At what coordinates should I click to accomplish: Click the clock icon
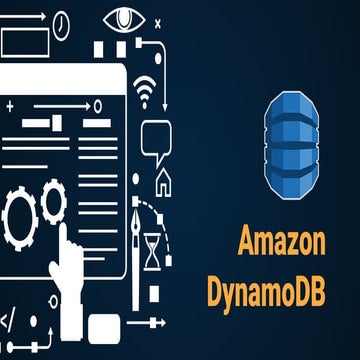pyautogui.click(x=61, y=21)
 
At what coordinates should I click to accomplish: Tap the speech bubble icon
pyautogui.click(x=156, y=140)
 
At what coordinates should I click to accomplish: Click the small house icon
pyautogui.click(x=163, y=181)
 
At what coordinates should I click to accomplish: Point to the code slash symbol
pyautogui.click(x=8, y=322)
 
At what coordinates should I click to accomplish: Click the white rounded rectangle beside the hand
pyautogui.click(x=104, y=325)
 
